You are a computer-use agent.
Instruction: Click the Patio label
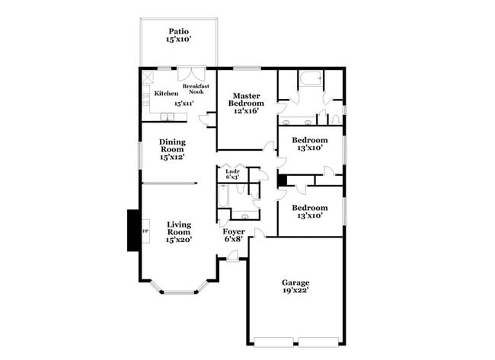pyautogui.click(x=178, y=32)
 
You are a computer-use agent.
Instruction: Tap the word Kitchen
pyautogui.click(x=166, y=93)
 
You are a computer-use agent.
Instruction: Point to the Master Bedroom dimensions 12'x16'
pyautogui.click(x=247, y=111)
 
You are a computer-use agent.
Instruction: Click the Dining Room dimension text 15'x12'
pyautogui.click(x=172, y=158)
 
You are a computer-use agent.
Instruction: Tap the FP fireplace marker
pyautogui.click(x=145, y=229)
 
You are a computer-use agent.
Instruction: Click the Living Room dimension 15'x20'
pyautogui.click(x=179, y=239)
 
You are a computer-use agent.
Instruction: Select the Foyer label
pyautogui.click(x=234, y=231)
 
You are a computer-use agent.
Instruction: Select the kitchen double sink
pyautogui.click(x=168, y=116)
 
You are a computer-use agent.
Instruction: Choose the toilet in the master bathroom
pyautogui.click(x=336, y=118)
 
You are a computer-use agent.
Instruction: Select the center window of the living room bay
pyautogui.click(x=179, y=292)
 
